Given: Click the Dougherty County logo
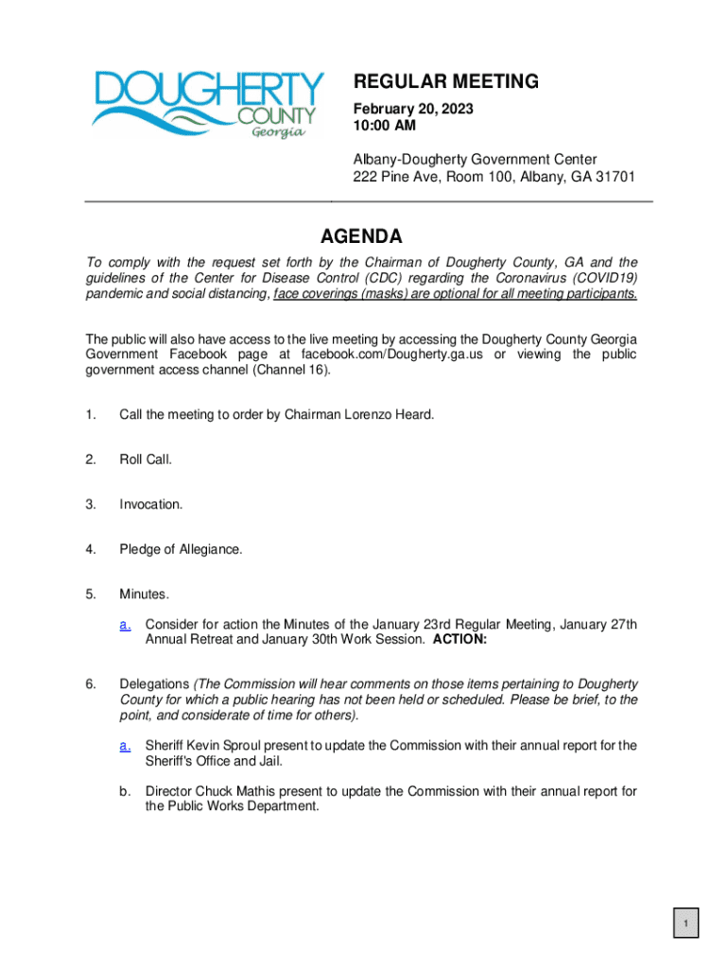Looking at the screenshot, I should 207,104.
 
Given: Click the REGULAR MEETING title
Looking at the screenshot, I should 446,82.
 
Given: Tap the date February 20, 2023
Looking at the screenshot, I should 413,110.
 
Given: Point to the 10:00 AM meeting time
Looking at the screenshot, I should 384,127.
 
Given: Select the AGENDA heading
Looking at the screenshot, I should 360,236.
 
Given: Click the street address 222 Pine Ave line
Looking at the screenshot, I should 494,177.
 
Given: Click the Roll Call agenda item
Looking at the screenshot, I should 146,459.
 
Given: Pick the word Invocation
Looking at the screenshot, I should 150,505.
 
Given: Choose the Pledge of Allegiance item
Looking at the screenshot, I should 181,549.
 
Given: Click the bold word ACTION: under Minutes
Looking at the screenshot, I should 459,639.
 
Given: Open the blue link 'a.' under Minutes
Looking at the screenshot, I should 125,625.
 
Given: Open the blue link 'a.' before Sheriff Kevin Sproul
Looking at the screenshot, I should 125,746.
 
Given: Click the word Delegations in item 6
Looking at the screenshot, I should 154,683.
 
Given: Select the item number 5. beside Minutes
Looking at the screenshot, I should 91,595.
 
